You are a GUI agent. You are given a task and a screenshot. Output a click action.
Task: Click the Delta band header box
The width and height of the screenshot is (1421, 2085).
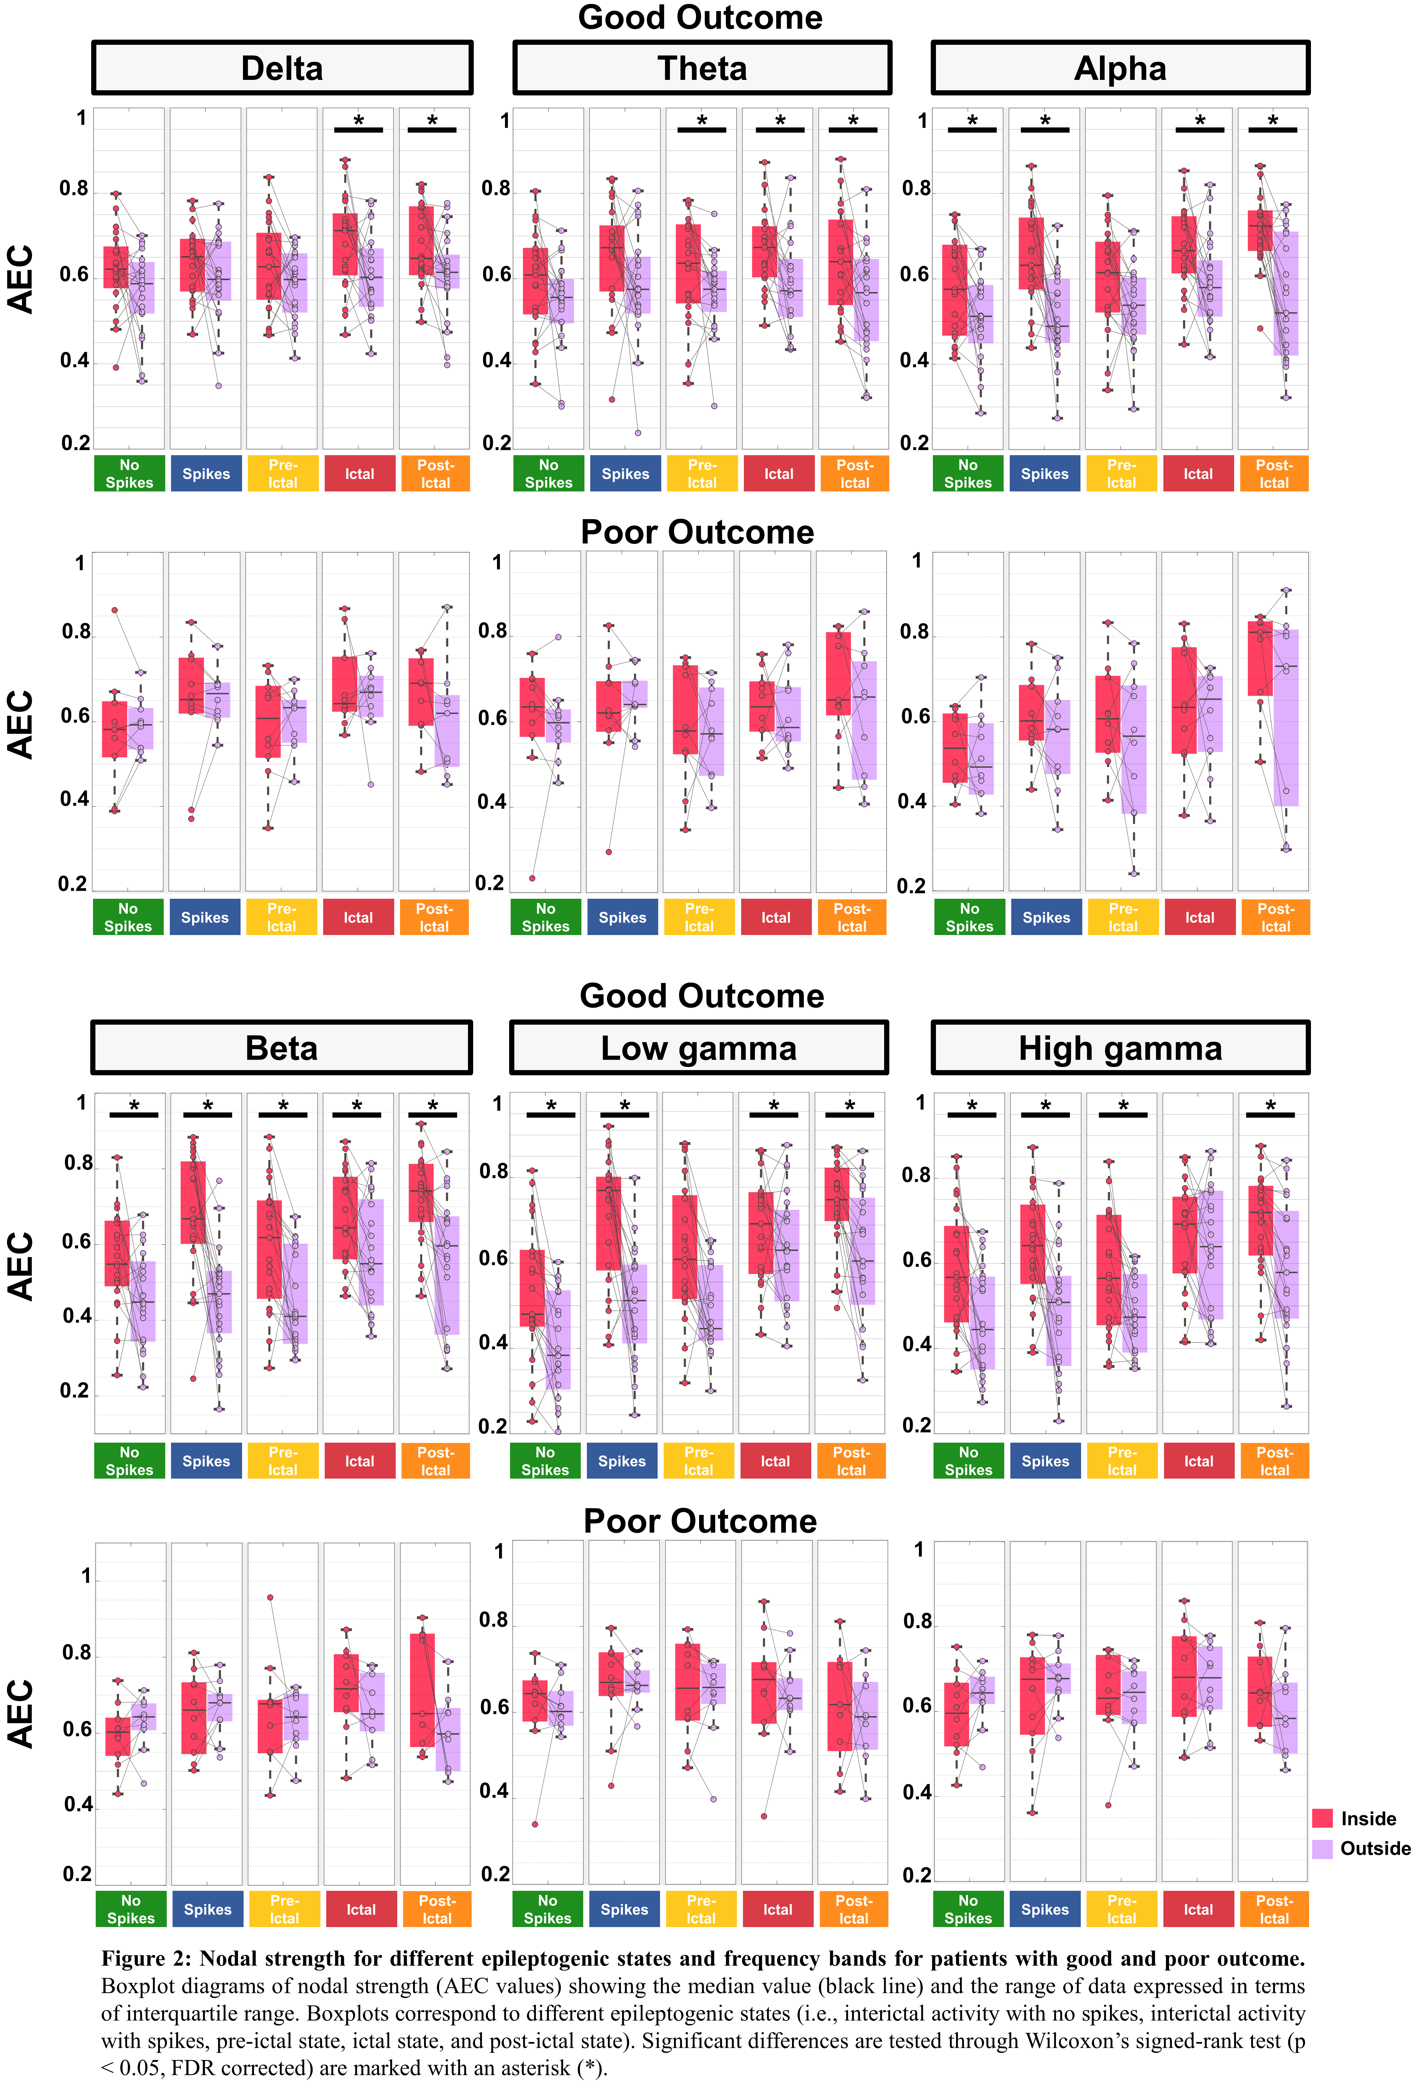282,68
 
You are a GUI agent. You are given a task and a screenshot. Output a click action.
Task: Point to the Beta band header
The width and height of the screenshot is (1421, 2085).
282,1048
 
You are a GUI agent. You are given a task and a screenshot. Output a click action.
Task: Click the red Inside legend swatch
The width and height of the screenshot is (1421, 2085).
1322,1819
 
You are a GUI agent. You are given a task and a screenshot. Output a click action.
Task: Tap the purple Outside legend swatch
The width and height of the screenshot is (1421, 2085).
1322,1848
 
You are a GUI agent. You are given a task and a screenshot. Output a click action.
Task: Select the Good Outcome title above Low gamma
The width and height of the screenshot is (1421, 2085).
702,996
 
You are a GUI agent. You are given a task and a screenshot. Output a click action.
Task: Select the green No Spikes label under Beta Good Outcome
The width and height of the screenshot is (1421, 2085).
129,1461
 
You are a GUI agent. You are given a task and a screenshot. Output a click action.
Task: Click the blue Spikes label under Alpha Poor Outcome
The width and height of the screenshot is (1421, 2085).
1046,917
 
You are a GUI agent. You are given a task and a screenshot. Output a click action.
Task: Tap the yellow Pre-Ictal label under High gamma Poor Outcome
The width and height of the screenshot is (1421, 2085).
1121,1909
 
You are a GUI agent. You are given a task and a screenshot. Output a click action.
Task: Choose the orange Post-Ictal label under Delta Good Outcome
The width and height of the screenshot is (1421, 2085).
435,474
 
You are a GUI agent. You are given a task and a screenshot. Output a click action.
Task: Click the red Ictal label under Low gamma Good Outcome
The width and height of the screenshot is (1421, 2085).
775,1461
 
